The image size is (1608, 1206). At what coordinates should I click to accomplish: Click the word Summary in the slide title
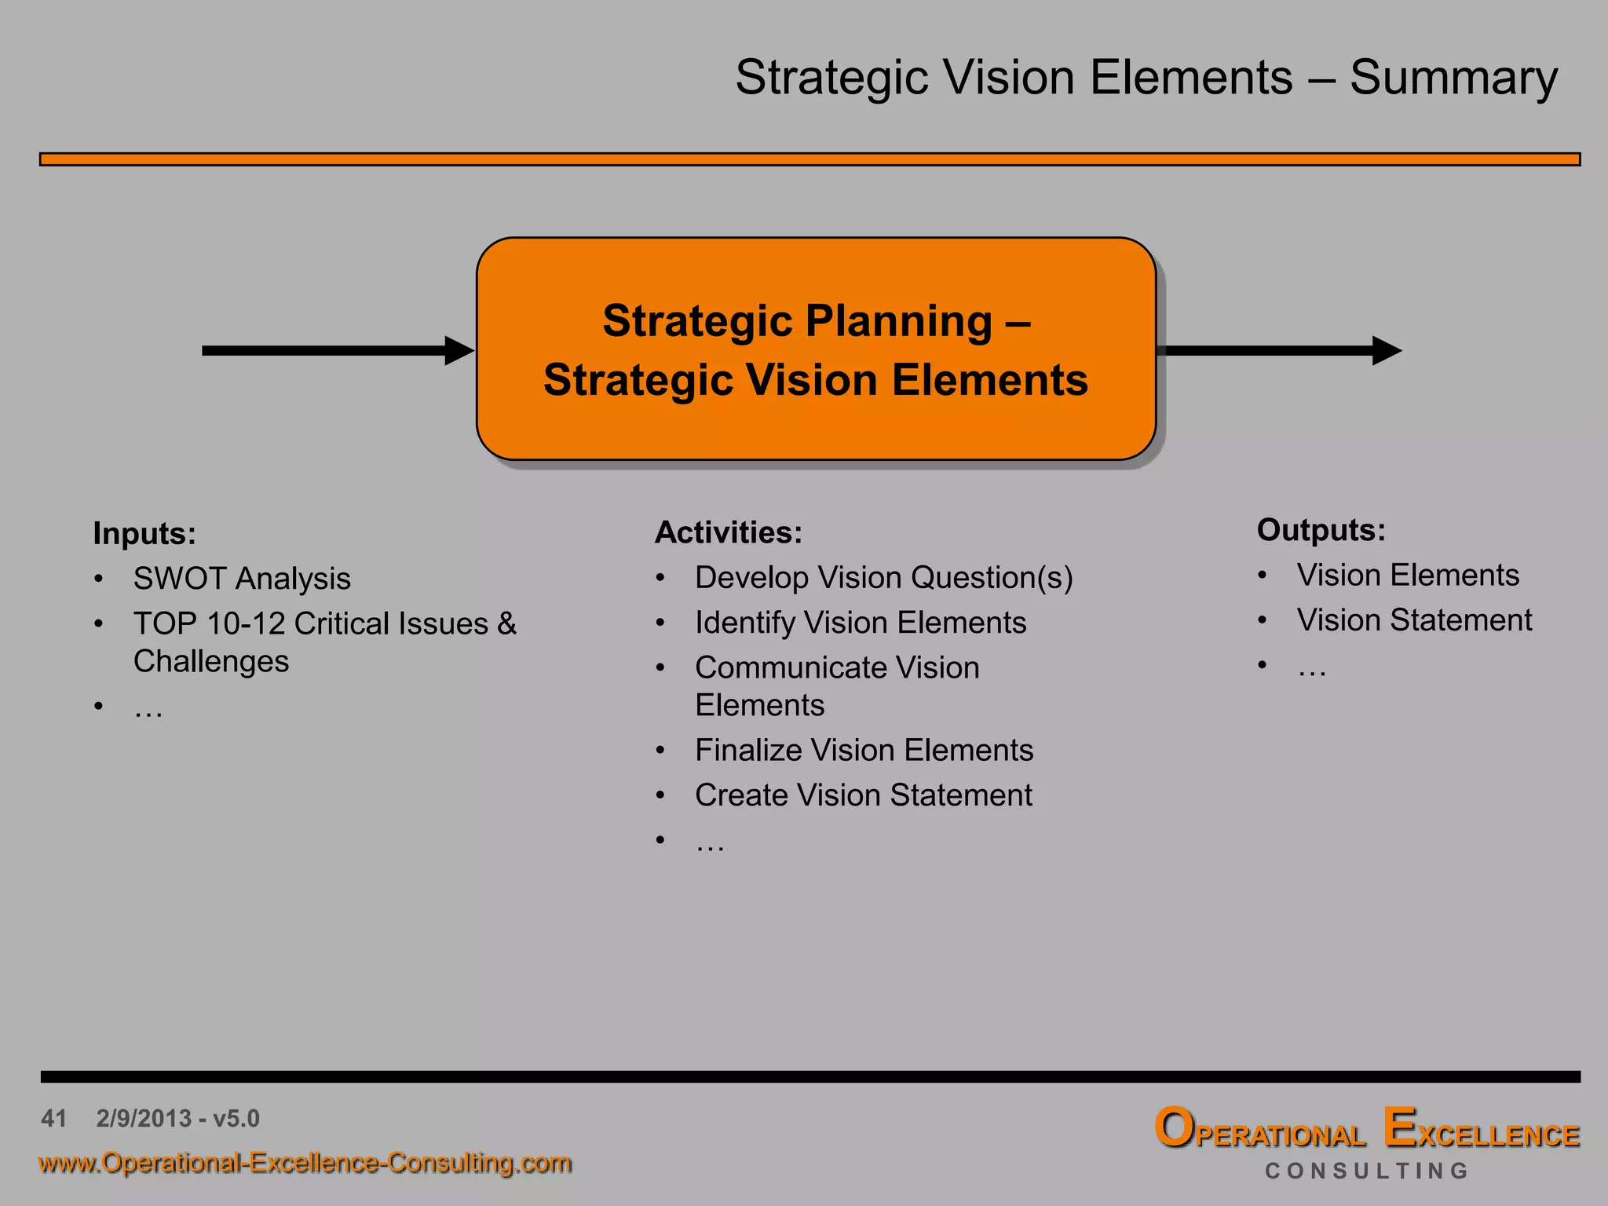click(x=1453, y=79)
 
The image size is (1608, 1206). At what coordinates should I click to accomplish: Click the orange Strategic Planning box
click(x=816, y=349)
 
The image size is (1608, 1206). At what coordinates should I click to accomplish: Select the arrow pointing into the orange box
click(x=338, y=350)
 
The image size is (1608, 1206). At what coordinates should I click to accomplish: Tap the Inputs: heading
click(x=144, y=534)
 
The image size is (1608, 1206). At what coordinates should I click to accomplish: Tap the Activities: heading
click(x=729, y=532)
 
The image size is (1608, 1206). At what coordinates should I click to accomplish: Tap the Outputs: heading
click(x=1321, y=530)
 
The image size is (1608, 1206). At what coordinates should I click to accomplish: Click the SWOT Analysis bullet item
click(x=242, y=579)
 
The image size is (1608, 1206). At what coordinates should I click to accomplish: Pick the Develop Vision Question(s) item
click(x=883, y=578)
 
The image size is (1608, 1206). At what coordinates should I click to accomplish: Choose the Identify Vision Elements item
click(x=861, y=623)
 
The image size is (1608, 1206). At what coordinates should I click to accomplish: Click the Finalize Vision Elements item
click(x=864, y=751)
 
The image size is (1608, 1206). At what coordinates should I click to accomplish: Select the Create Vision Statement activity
click(x=863, y=795)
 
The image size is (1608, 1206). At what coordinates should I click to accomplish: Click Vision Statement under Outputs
click(x=1414, y=620)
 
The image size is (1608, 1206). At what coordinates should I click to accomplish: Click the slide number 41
click(x=53, y=1118)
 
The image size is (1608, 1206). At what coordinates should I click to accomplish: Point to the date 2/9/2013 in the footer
click(x=144, y=1118)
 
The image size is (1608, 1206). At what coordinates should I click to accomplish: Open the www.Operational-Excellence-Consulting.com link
click(x=305, y=1163)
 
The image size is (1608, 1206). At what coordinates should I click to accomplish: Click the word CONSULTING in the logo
click(x=1366, y=1171)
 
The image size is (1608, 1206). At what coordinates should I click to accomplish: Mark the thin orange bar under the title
click(x=809, y=159)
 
